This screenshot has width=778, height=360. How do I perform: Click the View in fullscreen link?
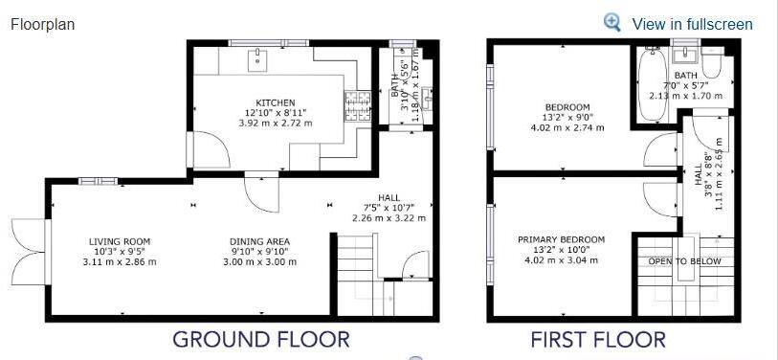pyautogui.click(x=692, y=24)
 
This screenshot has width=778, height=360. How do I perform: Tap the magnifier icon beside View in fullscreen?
pyautogui.click(x=612, y=23)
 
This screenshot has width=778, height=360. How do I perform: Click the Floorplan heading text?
pyautogui.click(x=42, y=24)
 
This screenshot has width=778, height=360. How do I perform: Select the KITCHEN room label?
pyautogui.click(x=275, y=102)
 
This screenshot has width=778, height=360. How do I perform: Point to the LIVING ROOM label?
pyautogui.click(x=120, y=241)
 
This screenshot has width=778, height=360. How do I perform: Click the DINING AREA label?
pyautogui.click(x=259, y=241)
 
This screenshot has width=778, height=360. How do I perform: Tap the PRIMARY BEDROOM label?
pyautogui.click(x=562, y=239)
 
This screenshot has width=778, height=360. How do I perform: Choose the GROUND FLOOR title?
pyautogui.click(x=260, y=339)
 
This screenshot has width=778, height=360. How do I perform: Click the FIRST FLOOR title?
pyautogui.click(x=598, y=339)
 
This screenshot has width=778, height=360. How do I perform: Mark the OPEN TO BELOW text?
pyautogui.click(x=684, y=261)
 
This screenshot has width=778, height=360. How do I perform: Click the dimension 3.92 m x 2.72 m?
pyautogui.click(x=275, y=123)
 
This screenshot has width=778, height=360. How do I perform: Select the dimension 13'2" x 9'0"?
pyautogui.click(x=567, y=117)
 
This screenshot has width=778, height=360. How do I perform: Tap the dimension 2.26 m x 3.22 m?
pyautogui.click(x=389, y=217)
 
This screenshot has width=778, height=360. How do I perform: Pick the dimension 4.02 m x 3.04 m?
pyautogui.click(x=562, y=259)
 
